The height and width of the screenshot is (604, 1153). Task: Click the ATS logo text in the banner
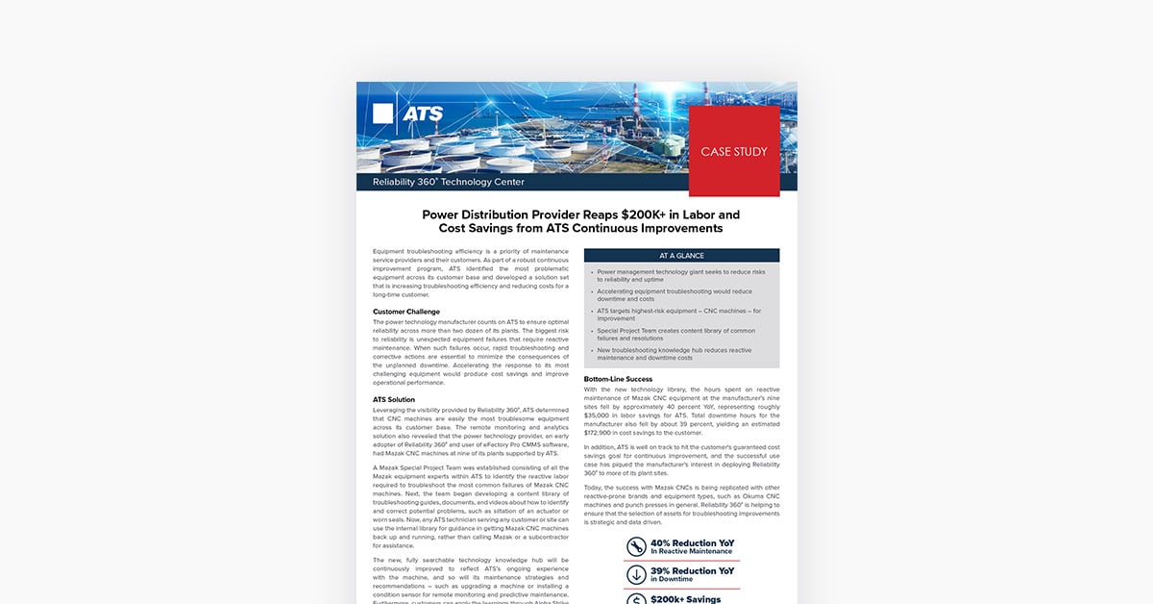click(x=423, y=113)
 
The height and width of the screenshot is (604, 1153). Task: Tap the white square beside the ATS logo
click(x=383, y=113)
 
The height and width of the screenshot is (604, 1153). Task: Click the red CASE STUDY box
click(x=734, y=151)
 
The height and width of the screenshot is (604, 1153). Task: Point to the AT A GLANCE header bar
click(x=681, y=256)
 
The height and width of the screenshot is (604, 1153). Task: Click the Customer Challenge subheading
click(x=406, y=312)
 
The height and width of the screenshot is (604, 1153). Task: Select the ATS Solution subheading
click(x=394, y=399)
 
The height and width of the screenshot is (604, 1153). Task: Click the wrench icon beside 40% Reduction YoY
click(x=635, y=546)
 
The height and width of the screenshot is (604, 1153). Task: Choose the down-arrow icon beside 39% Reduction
click(x=635, y=574)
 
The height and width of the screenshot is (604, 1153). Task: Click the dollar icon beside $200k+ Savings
click(x=635, y=599)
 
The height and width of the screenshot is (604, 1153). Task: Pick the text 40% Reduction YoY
click(x=693, y=542)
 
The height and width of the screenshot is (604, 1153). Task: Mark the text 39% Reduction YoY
click(x=692, y=570)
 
